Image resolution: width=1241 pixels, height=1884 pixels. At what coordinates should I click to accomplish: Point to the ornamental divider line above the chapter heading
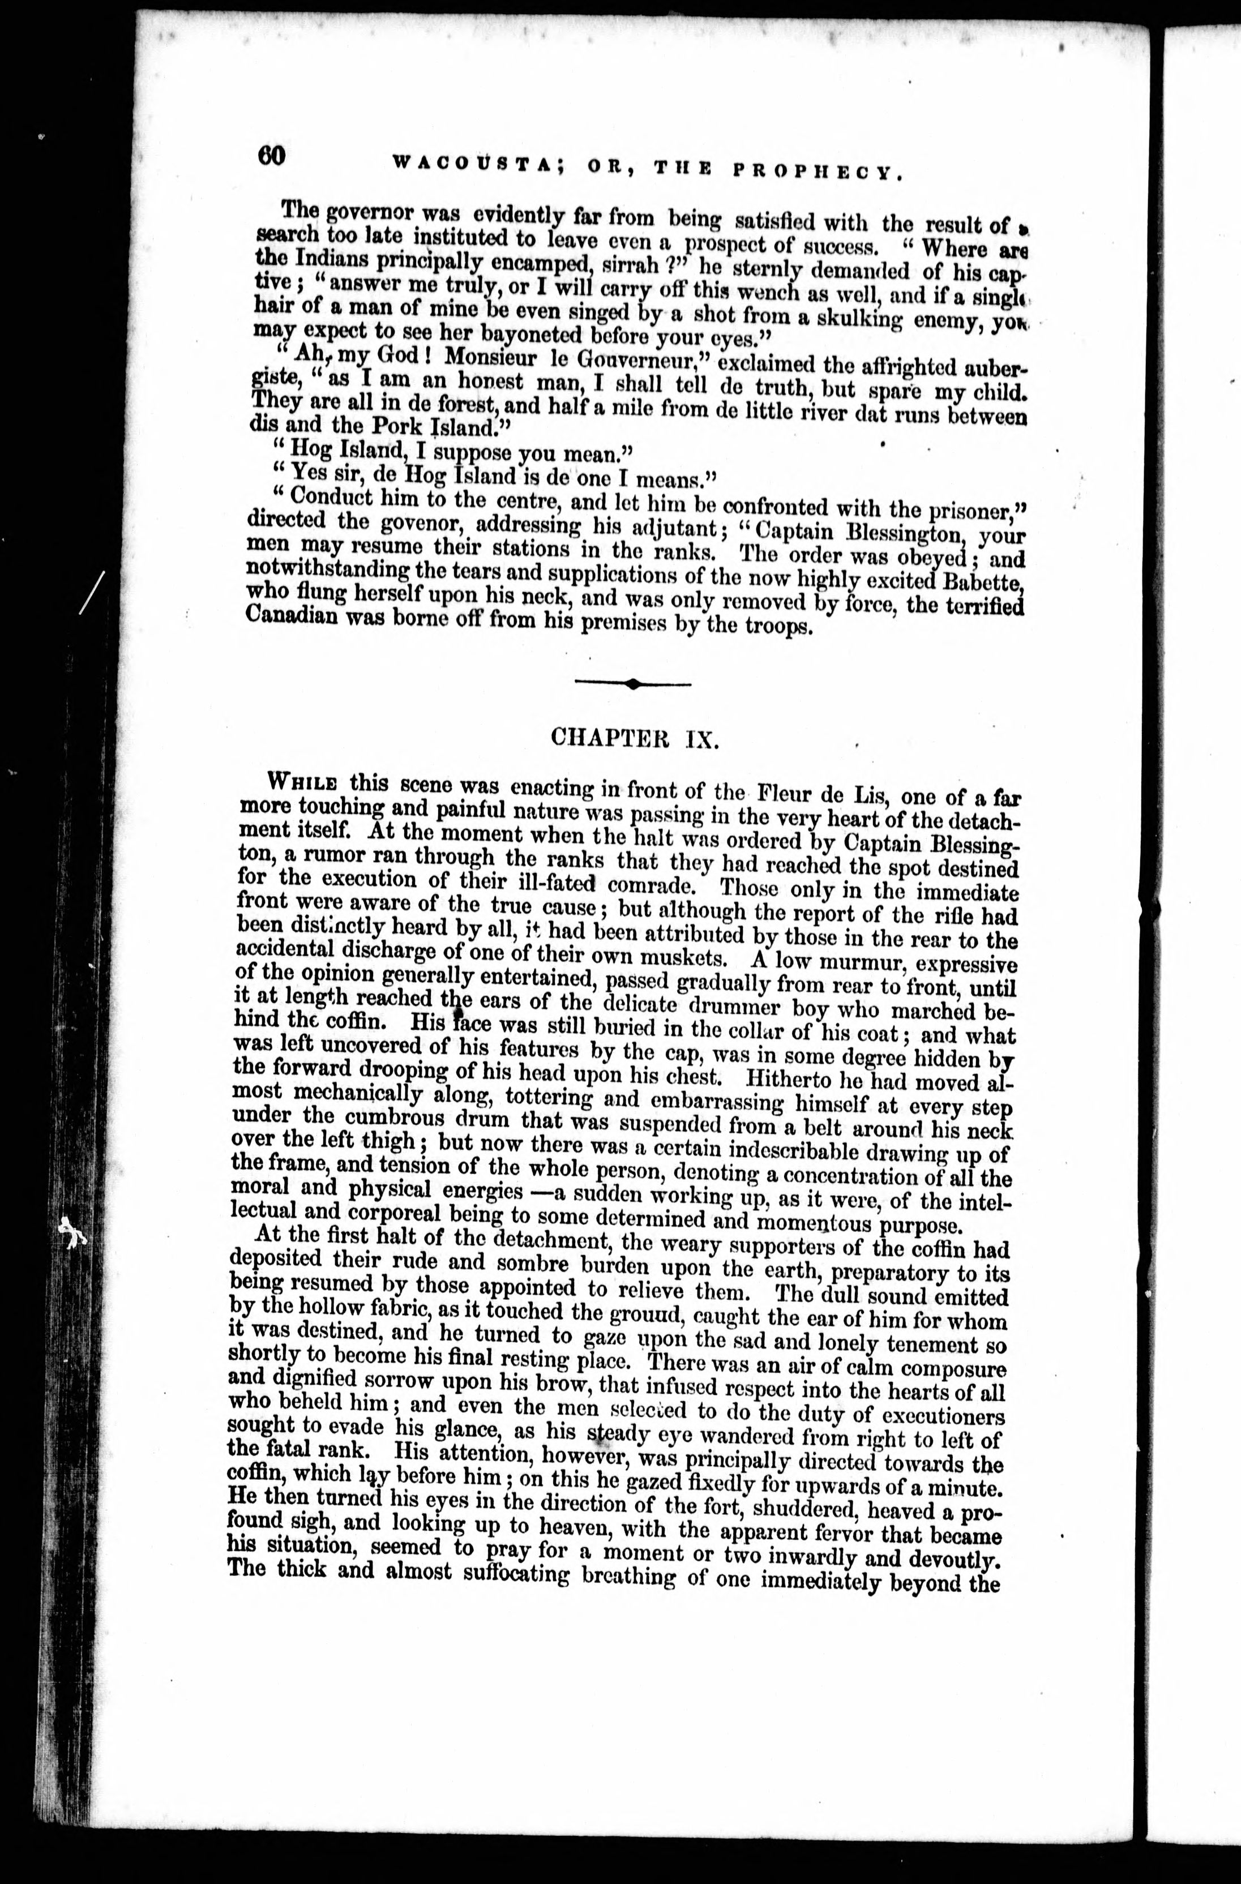pos(632,683)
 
